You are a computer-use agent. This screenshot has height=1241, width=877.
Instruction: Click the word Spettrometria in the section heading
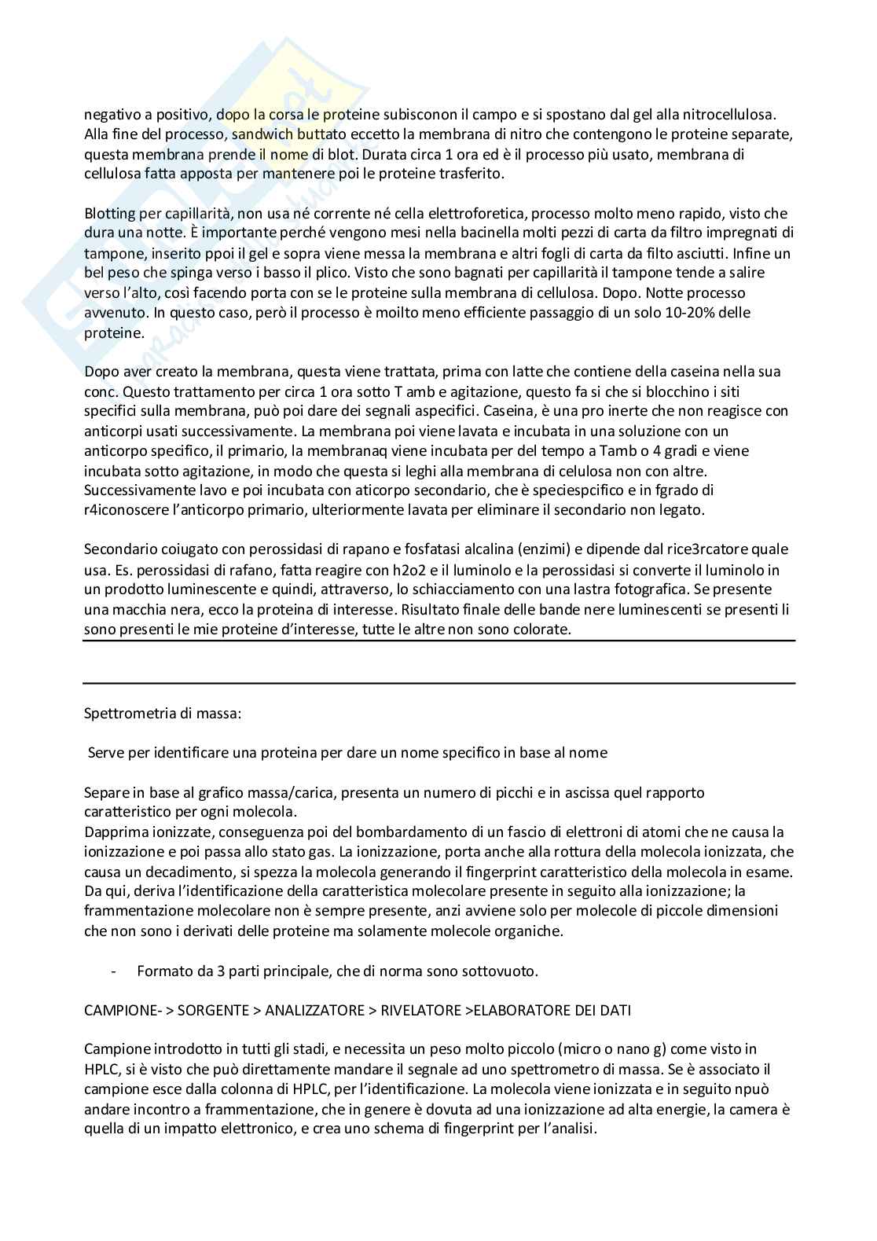pos(123,714)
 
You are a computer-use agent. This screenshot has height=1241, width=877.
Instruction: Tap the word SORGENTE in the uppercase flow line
pos(211,1010)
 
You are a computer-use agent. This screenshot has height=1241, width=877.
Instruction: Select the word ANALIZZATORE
pos(315,1010)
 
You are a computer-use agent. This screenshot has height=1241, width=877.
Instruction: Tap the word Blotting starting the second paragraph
pos(109,214)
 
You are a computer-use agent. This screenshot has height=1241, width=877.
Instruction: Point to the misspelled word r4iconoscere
pos(123,510)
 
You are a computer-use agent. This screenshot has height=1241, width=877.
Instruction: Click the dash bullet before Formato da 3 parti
pos(115,971)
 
